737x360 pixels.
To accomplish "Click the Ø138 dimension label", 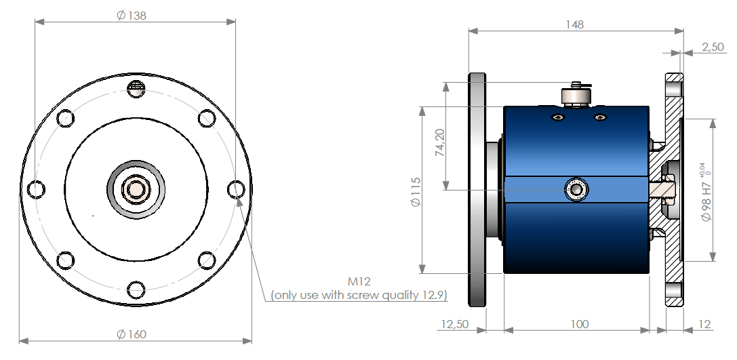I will [132, 15].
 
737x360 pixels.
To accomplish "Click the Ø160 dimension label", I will [132, 334].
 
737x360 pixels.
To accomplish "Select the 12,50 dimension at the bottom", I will [454, 324].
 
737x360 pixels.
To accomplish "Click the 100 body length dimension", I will [578, 324].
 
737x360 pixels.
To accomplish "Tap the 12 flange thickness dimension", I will [704, 324].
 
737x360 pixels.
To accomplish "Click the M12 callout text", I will [359, 281].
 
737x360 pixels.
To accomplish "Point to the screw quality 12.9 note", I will [359, 296].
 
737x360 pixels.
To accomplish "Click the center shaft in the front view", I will [136, 189].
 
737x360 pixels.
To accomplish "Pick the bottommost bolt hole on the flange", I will [136, 289].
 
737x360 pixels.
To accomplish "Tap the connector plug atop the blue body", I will [576, 94].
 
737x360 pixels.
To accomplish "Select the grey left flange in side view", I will [477, 189].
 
